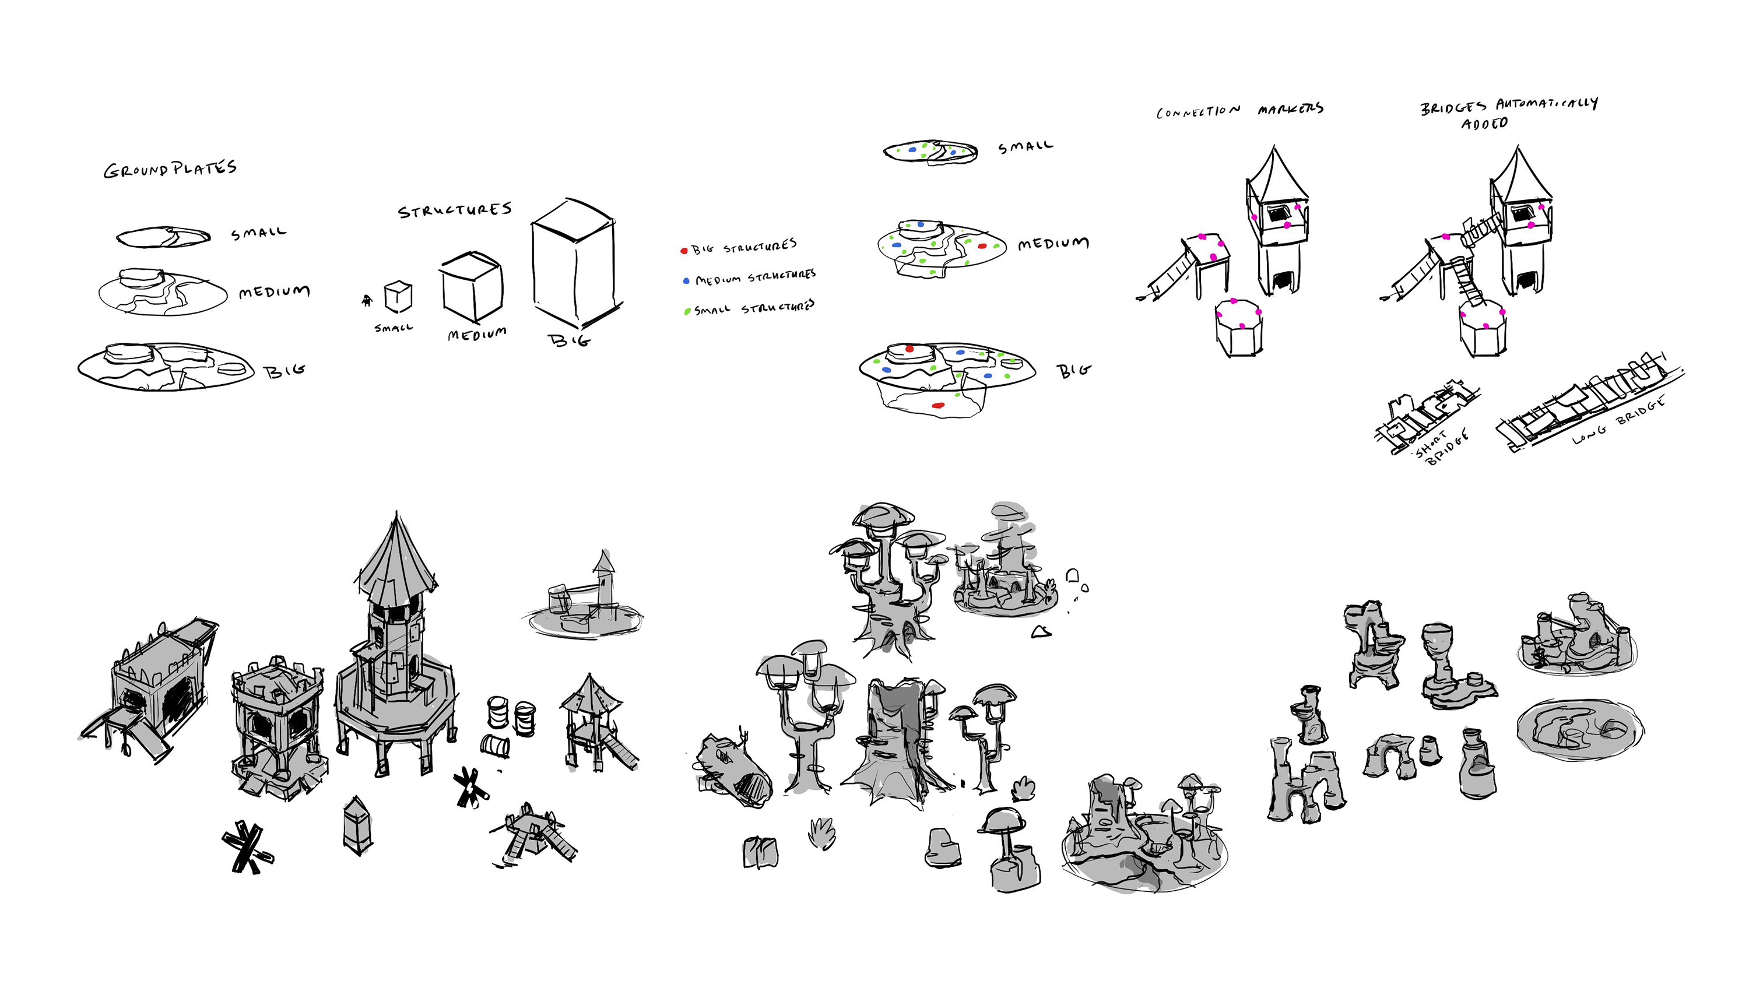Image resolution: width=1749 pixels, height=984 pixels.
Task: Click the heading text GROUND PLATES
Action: [170, 169]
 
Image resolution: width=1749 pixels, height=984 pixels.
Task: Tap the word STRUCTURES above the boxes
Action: [455, 210]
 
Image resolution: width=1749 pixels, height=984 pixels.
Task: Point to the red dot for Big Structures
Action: [684, 251]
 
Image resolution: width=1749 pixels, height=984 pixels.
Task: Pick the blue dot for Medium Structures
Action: [686, 280]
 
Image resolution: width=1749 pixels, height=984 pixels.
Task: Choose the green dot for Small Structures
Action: [687, 312]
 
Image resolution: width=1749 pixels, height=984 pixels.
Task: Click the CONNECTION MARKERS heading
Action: [1240, 110]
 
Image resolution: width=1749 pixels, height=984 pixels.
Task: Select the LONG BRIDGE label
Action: [1618, 420]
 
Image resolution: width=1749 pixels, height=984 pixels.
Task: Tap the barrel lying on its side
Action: [495, 745]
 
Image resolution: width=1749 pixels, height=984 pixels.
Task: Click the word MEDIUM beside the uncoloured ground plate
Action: [274, 292]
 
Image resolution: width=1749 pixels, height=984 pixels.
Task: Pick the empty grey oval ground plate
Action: [1581, 729]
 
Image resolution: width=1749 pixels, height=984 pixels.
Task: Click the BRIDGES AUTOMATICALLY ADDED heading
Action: [1509, 113]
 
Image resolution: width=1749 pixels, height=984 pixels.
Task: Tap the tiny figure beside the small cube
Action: [367, 300]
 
